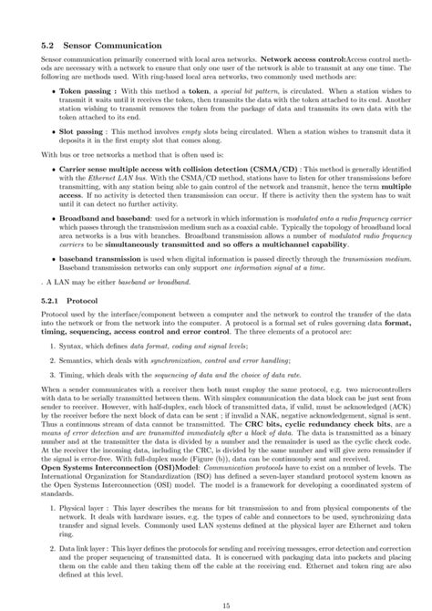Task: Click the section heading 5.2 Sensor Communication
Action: (100, 43)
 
